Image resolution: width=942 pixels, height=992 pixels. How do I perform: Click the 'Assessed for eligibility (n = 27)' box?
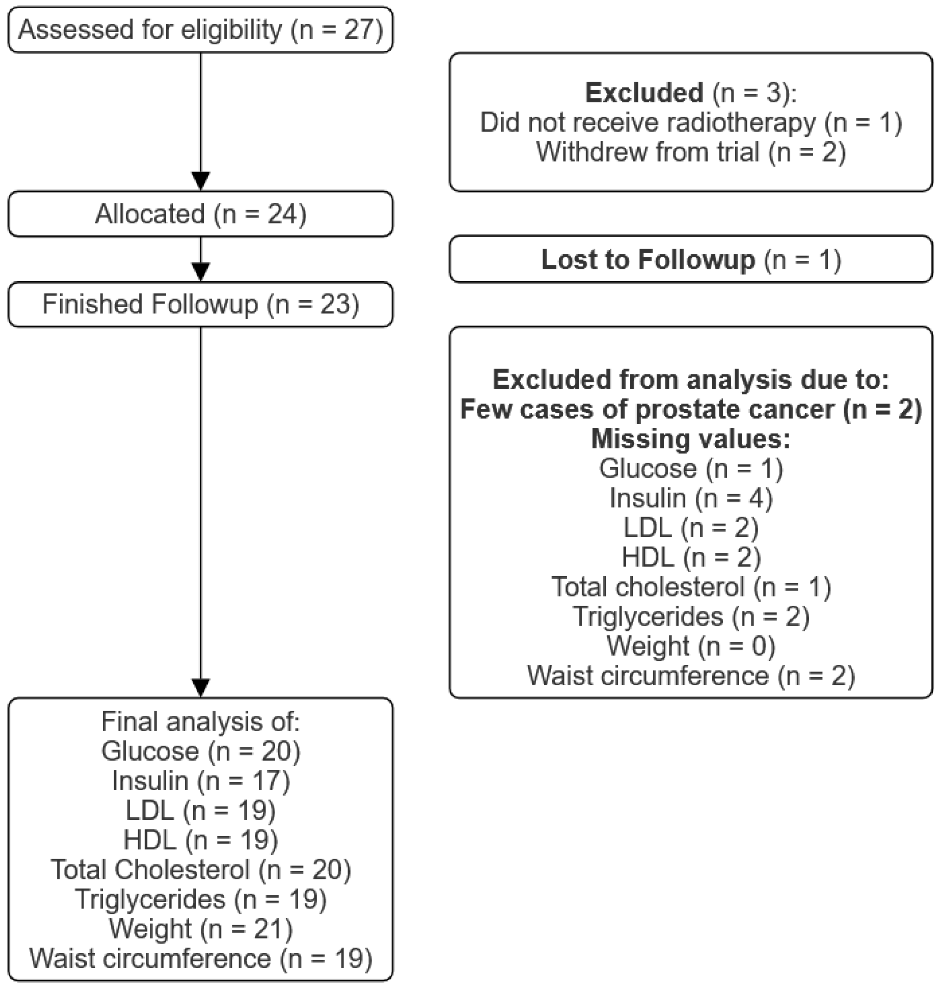(x=200, y=30)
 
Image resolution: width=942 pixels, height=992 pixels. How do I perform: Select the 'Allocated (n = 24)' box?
(x=200, y=214)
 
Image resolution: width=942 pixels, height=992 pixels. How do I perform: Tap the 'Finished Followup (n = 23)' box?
(x=200, y=305)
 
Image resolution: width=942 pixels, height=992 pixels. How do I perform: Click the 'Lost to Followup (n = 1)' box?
(x=691, y=260)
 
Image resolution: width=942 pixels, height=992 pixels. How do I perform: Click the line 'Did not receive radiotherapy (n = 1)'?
(x=691, y=123)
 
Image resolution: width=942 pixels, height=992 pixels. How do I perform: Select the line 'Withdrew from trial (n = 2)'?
(x=691, y=152)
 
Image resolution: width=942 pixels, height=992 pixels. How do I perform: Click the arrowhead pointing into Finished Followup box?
(x=201, y=272)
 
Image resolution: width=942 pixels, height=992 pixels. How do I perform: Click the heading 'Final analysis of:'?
(x=200, y=722)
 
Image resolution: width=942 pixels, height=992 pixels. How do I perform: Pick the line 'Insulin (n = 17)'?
(x=200, y=781)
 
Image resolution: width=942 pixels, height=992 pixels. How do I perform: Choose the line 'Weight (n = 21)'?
(x=200, y=929)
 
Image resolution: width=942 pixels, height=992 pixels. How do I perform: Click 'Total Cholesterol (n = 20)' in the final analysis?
(x=200, y=869)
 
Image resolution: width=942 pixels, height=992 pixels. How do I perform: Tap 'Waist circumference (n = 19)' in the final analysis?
(x=200, y=958)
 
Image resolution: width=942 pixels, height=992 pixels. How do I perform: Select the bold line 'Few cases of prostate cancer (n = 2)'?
(x=691, y=410)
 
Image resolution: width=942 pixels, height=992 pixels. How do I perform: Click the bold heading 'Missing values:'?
(x=691, y=439)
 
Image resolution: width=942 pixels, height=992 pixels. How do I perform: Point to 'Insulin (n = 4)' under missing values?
(x=691, y=498)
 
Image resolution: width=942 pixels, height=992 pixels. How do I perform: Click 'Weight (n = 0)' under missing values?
(x=691, y=646)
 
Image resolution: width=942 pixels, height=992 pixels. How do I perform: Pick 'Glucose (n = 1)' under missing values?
(x=691, y=468)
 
